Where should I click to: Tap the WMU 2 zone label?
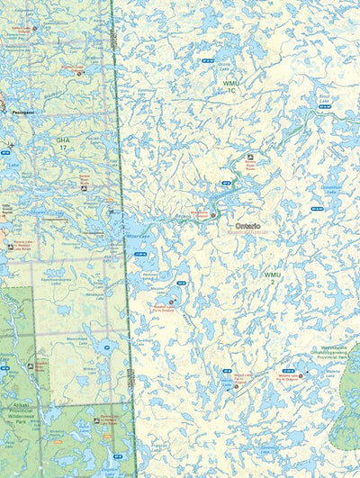(272, 277)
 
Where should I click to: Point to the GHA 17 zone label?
(62, 143)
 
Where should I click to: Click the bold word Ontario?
(247, 226)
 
